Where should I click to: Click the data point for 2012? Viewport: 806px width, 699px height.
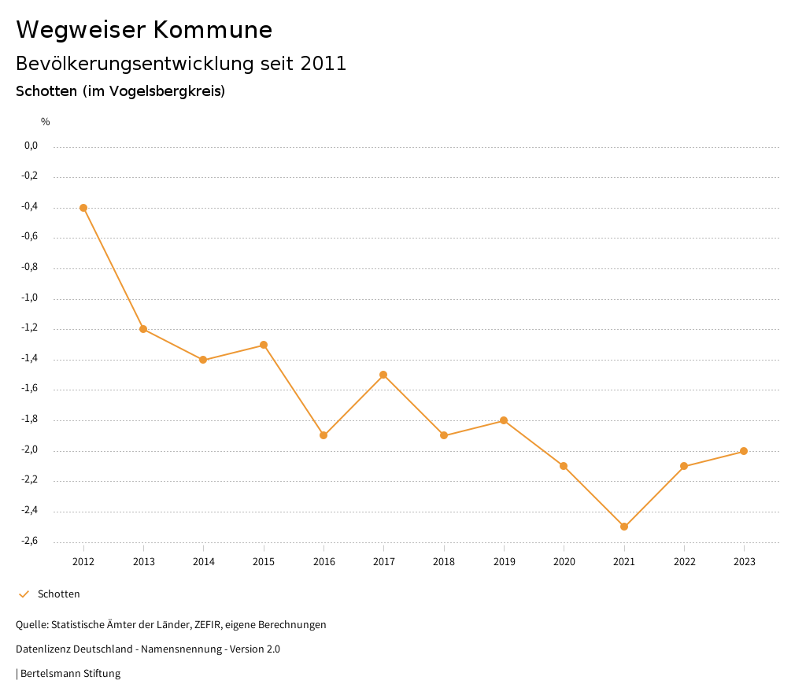click(83, 208)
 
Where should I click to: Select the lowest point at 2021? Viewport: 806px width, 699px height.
click(624, 527)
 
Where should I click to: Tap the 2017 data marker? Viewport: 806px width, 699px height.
click(383, 375)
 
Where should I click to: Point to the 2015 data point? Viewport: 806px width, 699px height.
click(264, 345)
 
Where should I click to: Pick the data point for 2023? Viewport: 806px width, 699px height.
click(744, 451)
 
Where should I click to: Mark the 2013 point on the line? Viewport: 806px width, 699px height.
click(143, 329)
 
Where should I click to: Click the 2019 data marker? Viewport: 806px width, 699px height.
click(504, 420)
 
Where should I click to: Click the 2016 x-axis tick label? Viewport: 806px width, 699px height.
click(324, 562)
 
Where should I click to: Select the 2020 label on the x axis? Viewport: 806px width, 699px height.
click(564, 562)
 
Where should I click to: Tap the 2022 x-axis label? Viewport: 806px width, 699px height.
click(684, 562)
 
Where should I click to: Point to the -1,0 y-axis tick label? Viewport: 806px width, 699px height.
click(30, 298)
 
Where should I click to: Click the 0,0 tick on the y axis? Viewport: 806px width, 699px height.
click(31, 146)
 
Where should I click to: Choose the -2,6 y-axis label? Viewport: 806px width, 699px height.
click(30, 541)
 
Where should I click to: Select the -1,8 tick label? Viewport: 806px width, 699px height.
click(30, 420)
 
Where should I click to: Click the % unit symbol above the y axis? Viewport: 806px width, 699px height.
click(46, 122)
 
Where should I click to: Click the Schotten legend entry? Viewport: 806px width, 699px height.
click(58, 594)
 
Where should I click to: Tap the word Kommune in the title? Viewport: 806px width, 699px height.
click(213, 30)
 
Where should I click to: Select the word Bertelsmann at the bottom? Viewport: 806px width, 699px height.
click(50, 674)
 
